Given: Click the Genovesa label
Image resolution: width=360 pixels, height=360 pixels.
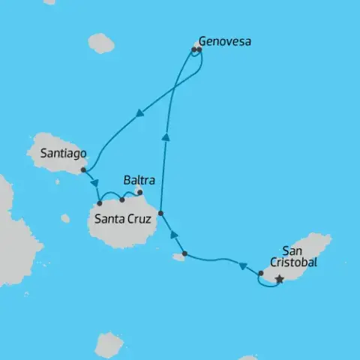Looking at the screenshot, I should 224,41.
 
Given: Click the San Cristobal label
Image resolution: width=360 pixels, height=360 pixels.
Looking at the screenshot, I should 299,256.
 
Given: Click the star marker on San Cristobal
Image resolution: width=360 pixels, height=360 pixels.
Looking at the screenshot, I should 279,279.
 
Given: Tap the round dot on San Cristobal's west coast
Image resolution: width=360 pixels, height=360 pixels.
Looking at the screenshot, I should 260,273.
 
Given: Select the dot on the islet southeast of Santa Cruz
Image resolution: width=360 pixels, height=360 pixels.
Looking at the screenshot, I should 184,253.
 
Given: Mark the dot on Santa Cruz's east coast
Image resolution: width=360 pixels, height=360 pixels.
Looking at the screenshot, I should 160,213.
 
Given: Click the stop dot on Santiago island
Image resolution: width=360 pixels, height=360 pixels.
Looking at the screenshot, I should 82,169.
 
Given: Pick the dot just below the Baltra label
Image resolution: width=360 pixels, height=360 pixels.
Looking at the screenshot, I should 139,192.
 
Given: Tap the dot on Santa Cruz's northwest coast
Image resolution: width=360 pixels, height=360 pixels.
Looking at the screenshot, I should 100,203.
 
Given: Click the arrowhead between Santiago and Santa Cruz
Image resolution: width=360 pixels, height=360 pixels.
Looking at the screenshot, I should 95,184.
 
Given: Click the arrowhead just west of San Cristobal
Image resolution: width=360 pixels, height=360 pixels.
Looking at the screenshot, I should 242,265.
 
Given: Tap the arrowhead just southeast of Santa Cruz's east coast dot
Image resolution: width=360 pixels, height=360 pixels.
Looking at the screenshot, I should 174,235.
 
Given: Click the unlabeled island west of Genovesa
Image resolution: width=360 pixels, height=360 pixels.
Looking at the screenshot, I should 100,43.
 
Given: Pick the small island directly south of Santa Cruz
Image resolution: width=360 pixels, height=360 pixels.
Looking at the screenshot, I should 109,343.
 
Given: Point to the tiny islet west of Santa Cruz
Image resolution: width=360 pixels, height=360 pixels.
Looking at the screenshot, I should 65,218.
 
